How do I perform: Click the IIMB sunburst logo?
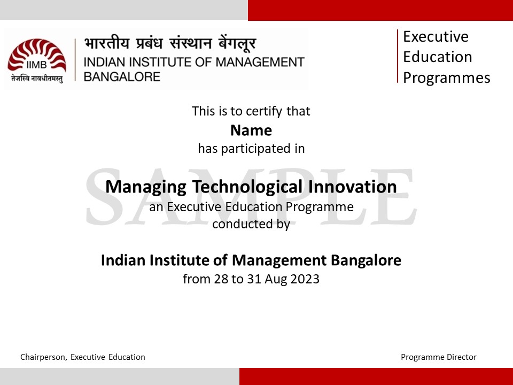[37, 55]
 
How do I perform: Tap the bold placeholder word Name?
[251, 130]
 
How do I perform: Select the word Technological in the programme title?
[247, 187]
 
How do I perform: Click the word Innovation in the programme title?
[352, 187]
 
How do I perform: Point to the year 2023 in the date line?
[305, 279]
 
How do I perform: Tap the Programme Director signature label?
[438, 357]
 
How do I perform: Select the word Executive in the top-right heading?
[436, 36]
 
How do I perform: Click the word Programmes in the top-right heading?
[446, 78]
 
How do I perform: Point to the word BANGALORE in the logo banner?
[122, 76]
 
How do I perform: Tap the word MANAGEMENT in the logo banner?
[260, 62]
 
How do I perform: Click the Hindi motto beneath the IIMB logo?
[37, 79]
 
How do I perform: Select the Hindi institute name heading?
[170, 43]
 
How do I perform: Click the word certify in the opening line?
[263, 112]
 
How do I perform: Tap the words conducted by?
[251, 224]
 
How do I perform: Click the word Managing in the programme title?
[146, 187]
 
